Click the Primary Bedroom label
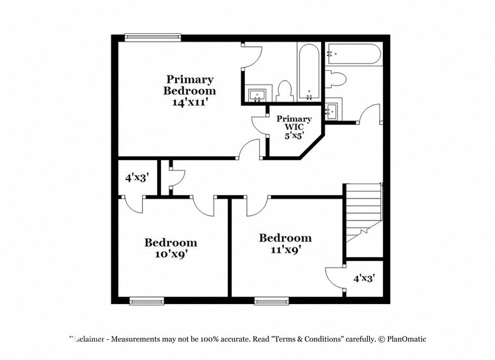tap(189, 85)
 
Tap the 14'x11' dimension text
tap(189, 102)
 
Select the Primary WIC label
tap(294, 124)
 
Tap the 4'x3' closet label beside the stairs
tap(364, 278)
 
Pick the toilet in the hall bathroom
tap(337, 79)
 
